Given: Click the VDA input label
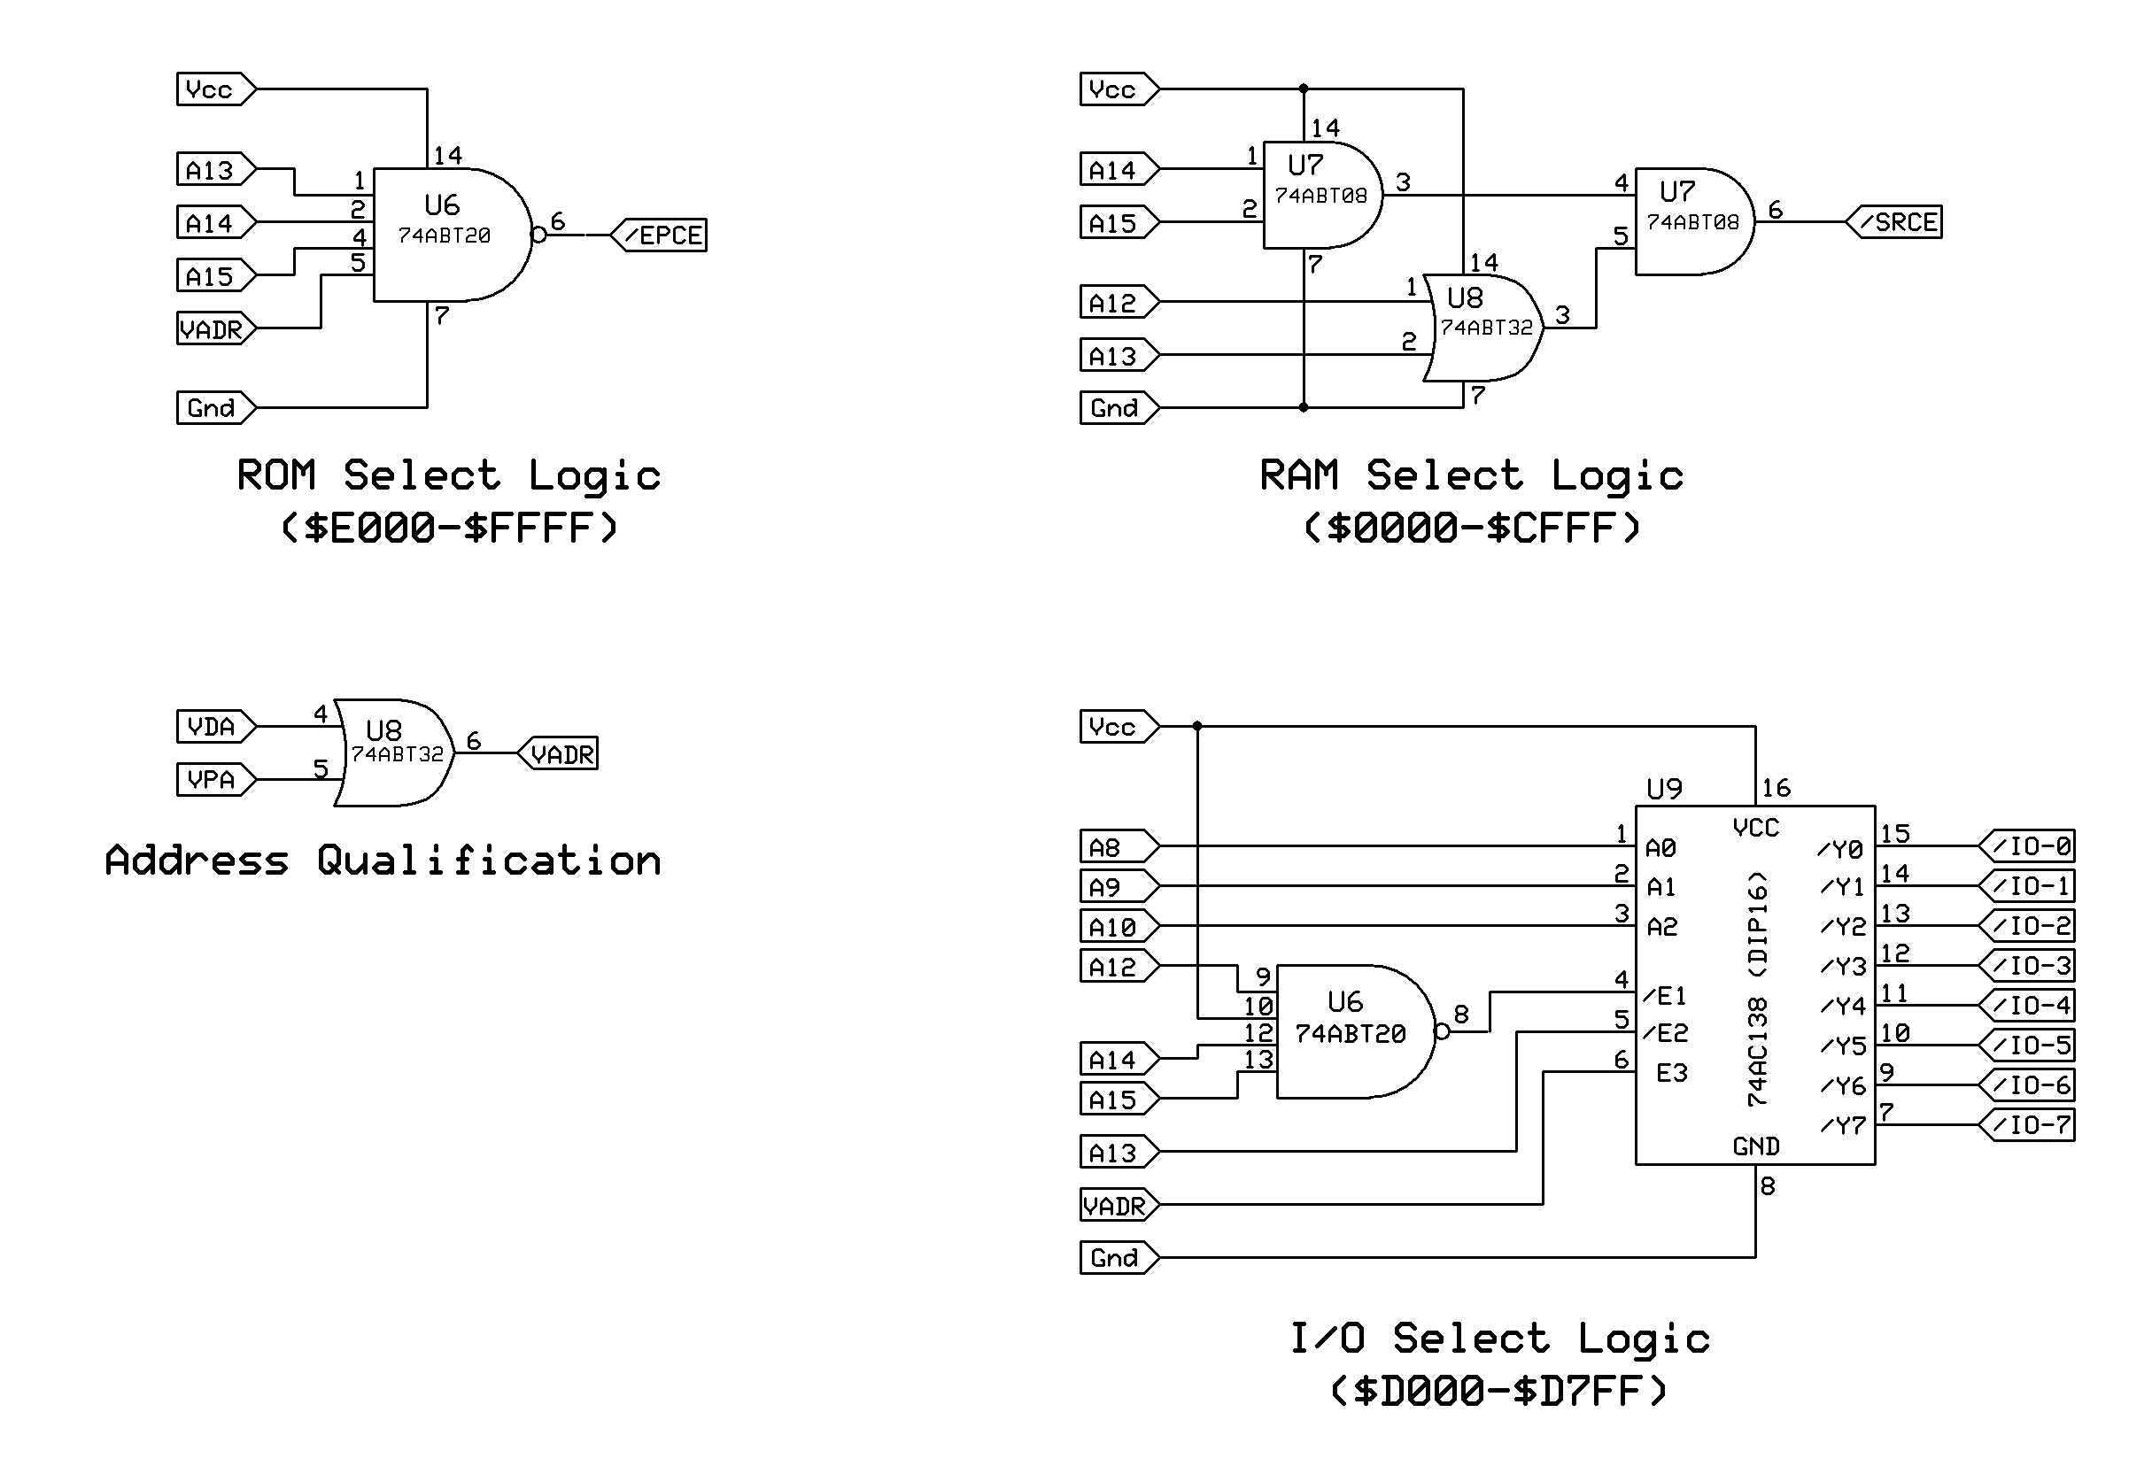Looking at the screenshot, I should [212, 727].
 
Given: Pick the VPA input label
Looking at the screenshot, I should [212, 780].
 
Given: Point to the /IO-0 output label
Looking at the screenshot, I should [2029, 846].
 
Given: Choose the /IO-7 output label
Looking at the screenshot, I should [2029, 1125].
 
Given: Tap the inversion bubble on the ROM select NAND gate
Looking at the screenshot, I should [538, 235].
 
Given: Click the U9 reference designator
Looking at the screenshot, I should [1664, 789].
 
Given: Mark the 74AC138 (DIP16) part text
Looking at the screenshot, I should [1757, 989].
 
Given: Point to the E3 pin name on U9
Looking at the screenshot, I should [1671, 1073].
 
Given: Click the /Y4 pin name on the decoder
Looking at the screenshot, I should [1843, 1006].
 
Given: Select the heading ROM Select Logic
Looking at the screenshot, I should [449, 476].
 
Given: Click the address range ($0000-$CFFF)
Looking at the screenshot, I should [1473, 529].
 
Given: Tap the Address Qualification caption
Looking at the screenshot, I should [383, 861].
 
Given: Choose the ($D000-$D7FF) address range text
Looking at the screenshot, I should [1499, 1391].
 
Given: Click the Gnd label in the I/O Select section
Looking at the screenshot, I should [1115, 1257].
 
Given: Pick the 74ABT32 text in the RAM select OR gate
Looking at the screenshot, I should [1486, 328].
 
